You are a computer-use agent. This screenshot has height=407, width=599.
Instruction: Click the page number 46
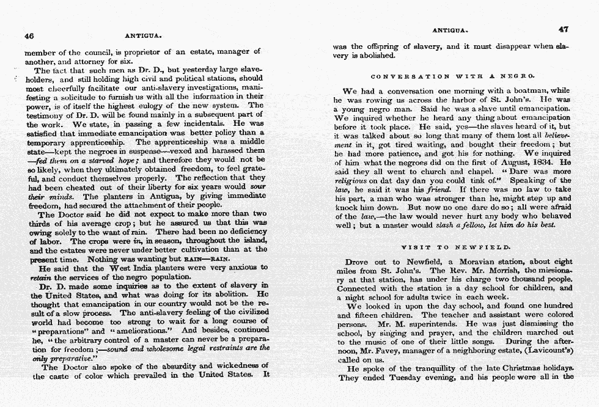[29, 35]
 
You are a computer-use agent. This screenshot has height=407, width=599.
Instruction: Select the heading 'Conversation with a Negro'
[453, 76]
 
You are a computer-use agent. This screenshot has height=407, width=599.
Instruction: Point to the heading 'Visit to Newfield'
[455, 247]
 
